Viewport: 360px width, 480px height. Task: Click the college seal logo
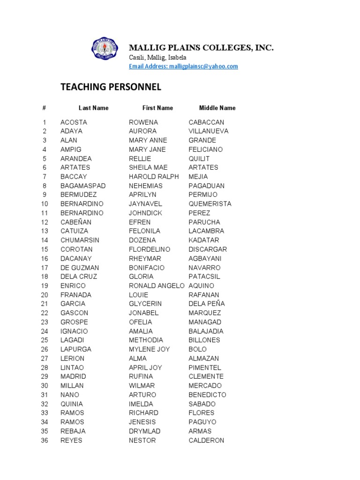point(106,50)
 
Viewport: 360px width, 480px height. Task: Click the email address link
point(183,67)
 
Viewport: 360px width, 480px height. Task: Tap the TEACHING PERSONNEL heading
point(111,87)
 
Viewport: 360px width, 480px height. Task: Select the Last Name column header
point(93,108)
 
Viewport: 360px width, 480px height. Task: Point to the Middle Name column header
point(217,108)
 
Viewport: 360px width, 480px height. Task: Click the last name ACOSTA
point(74,122)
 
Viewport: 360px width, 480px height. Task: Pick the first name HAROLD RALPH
point(154,177)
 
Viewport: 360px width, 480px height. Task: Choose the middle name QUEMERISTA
point(210,204)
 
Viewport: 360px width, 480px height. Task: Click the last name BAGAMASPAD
point(83,186)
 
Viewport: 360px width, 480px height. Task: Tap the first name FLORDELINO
point(150,249)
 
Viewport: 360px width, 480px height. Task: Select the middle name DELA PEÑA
point(207,304)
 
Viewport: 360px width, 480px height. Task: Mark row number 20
point(45,295)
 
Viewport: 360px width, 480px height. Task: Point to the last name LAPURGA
point(76,349)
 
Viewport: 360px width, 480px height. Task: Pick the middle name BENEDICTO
point(207,395)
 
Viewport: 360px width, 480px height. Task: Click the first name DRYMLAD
point(144,431)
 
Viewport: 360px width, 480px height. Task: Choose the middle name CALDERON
point(206,440)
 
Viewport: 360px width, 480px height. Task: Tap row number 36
point(45,440)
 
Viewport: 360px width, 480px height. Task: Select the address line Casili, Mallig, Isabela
point(157,57)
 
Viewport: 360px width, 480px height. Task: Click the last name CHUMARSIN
point(80,240)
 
